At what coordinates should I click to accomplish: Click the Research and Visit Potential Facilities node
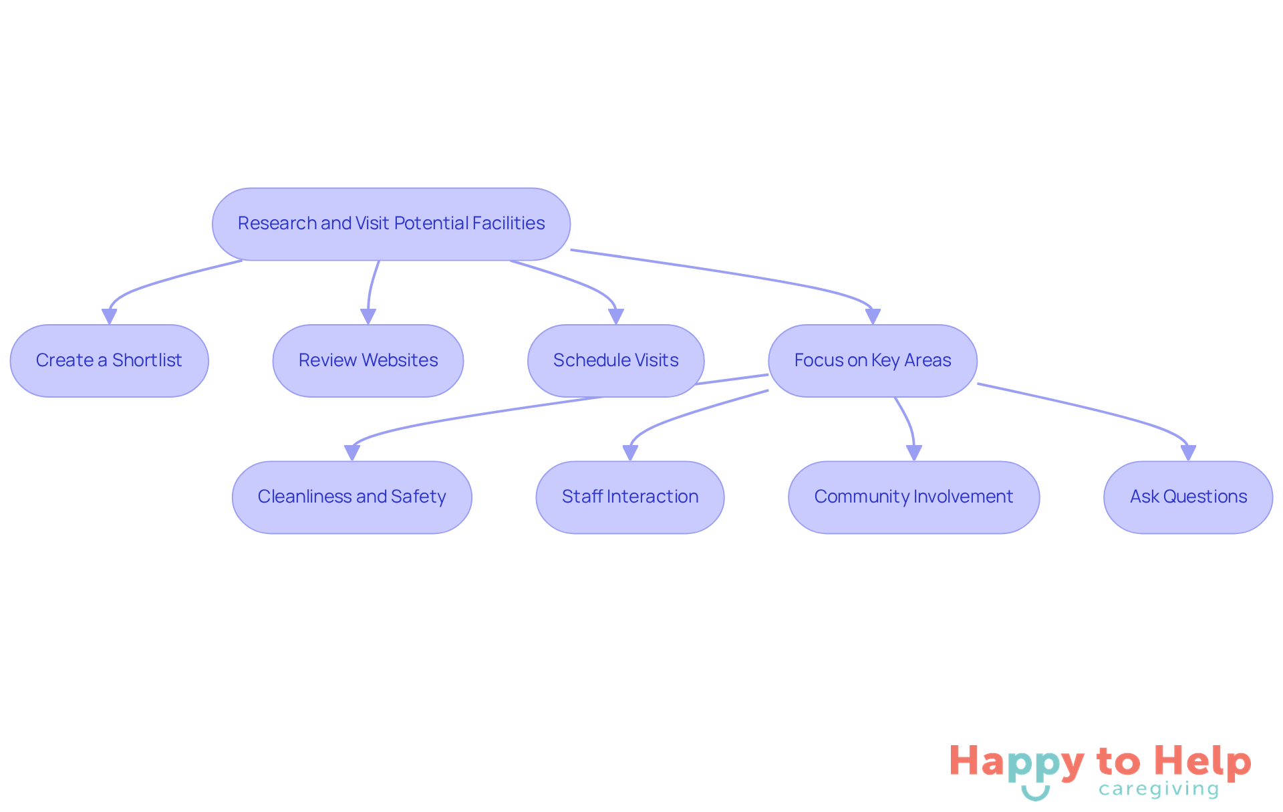tap(391, 224)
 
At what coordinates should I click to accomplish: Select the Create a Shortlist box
tap(110, 361)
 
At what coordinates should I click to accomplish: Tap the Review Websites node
tap(368, 361)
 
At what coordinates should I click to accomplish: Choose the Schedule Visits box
tap(616, 361)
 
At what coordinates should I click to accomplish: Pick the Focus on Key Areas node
tap(873, 361)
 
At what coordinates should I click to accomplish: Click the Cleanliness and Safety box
tap(352, 497)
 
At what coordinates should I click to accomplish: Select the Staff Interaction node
tap(630, 497)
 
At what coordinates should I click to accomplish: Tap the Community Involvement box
tap(914, 497)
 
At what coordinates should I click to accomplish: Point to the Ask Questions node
tap(1188, 497)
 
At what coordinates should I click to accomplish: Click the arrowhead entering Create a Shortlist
tap(110, 317)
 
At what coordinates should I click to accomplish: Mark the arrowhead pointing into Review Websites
tap(368, 317)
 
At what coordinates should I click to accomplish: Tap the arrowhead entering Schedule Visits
tap(616, 317)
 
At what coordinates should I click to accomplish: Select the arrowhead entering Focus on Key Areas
tap(873, 317)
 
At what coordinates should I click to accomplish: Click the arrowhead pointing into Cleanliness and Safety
tap(352, 453)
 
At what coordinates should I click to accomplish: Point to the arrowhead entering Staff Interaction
tap(630, 453)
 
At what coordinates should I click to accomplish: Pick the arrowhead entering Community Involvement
tap(914, 453)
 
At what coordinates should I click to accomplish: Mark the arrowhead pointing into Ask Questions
tap(1188, 453)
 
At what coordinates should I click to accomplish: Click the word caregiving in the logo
tap(1159, 789)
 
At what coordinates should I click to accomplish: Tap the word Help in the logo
tap(1203, 763)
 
